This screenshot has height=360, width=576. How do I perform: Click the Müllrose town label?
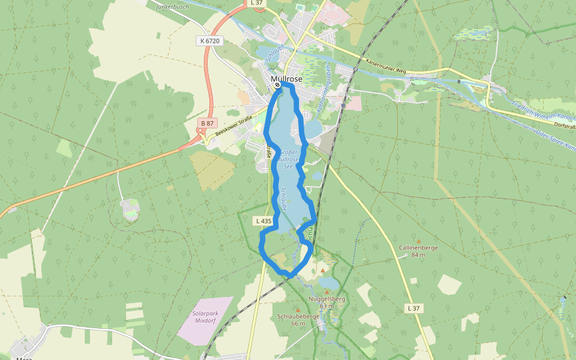(286, 79)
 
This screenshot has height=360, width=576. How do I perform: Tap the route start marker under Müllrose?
(278, 85)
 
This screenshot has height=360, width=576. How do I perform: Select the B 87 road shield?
(207, 123)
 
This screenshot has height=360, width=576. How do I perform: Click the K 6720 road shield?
(208, 41)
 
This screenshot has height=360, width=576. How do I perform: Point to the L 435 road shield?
(263, 221)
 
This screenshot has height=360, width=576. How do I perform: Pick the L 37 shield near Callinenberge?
(413, 308)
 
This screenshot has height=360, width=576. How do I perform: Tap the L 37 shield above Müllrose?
(256, 3)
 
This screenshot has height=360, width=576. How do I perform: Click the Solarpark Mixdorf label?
(205, 317)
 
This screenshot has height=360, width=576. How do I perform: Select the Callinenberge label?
(418, 247)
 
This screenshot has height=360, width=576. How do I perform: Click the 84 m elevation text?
(418, 255)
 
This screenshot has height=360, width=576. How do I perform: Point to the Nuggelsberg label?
(326, 299)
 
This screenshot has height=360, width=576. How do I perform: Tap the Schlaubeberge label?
(298, 316)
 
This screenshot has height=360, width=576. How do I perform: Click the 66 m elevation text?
(298, 324)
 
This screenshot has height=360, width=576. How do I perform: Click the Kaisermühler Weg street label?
(385, 66)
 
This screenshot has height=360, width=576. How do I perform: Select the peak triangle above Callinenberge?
(419, 241)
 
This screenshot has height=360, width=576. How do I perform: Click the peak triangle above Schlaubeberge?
(298, 310)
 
